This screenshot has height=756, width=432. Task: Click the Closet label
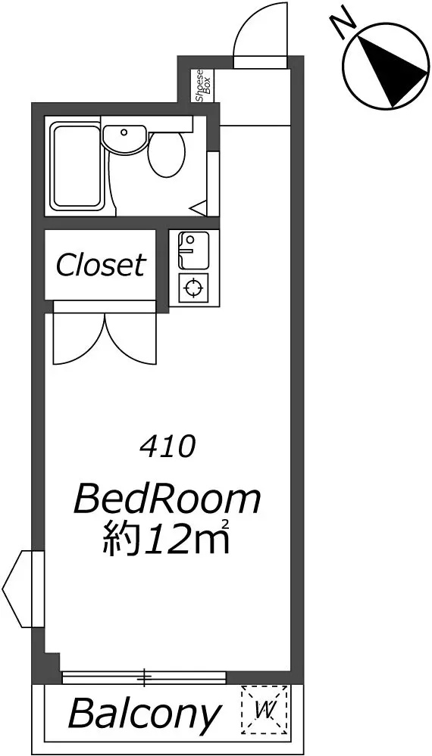100,265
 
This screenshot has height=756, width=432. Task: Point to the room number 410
167,447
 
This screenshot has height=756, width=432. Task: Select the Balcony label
145,713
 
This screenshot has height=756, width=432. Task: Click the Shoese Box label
202,85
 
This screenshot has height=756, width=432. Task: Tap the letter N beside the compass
346,23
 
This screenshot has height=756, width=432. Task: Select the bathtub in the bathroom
77,166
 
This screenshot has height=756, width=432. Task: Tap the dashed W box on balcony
265,710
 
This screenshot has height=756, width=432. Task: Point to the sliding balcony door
144,676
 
